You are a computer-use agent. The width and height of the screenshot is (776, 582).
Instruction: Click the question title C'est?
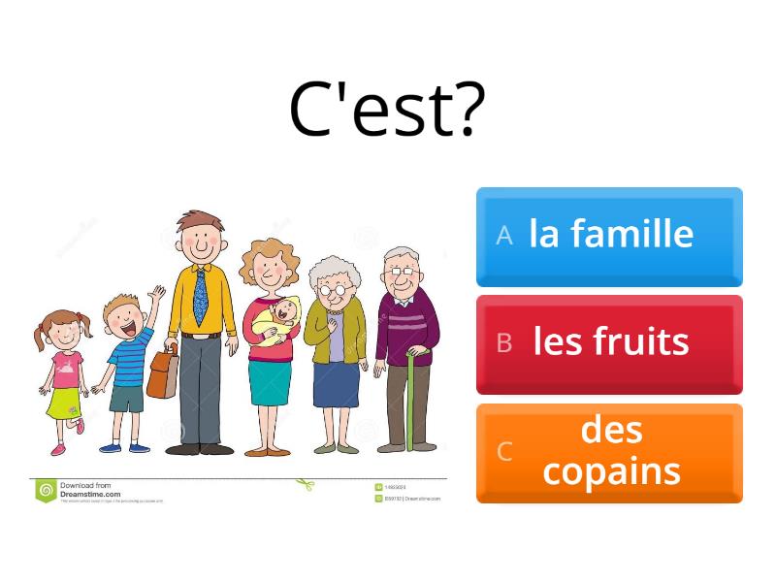(387, 110)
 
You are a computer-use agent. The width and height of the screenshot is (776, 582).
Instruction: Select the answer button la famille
(609, 236)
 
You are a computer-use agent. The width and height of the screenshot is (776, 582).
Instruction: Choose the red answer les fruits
(609, 343)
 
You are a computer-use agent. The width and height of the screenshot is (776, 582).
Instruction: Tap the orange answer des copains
(609, 452)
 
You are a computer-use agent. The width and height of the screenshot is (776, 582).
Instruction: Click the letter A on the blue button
(503, 236)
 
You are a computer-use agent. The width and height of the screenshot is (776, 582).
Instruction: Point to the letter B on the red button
(503, 343)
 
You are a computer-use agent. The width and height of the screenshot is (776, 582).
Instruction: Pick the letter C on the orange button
(503, 452)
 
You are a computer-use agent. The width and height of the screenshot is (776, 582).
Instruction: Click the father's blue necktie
(201, 295)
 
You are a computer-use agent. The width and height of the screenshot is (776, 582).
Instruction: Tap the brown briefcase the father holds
(163, 373)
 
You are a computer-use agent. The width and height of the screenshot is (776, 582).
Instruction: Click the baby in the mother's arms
(280, 315)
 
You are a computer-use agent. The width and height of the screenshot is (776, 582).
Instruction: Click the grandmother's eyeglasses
(334, 288)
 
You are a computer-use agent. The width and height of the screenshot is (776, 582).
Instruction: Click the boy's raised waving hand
(156, 293)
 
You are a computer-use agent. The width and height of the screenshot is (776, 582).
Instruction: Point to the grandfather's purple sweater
(405, 325)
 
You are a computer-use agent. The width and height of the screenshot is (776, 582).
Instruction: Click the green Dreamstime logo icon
(46, 491)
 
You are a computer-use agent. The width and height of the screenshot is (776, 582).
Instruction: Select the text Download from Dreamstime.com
(91, 490)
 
